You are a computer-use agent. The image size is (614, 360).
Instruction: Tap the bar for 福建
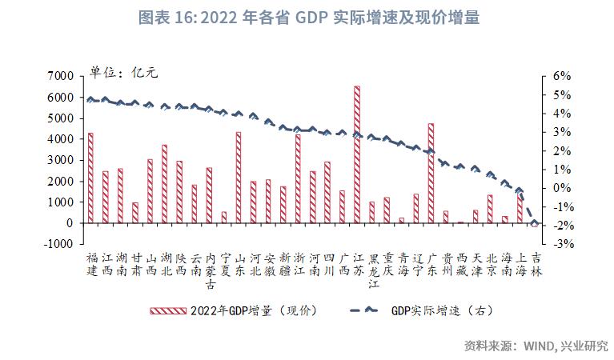[x=90, y=178]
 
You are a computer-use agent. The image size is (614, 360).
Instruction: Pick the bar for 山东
[x=239, y=177]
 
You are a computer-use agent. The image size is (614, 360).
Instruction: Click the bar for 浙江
[x=298, y=178]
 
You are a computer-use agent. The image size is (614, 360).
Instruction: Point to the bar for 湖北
[x=165, y=183]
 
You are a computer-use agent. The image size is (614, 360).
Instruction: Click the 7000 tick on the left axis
[x=62, y=76]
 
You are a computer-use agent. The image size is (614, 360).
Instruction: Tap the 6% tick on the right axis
[x=560, y=76]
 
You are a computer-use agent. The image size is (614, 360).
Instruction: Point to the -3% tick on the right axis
[x=560, y=244]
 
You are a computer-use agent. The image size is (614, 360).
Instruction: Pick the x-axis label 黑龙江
[x=372, y=271]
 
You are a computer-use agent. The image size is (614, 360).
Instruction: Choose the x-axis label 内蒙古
[x=210, y=271]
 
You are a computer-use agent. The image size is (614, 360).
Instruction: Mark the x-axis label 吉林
[x=535, y=265]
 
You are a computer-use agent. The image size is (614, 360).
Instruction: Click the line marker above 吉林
[x=535, y=223]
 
